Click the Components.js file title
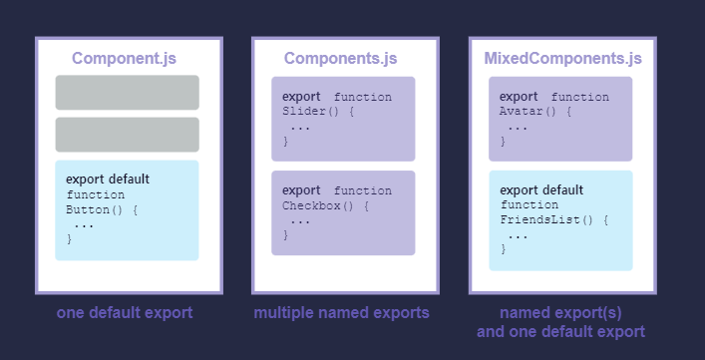340,59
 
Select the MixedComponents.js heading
562,59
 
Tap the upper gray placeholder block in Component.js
127,93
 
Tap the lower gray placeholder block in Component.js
127,135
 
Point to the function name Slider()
311,112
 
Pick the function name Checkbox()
318,206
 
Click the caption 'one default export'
125,313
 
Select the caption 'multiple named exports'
341,313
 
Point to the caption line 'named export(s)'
560,313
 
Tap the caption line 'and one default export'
560,332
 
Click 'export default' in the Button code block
108,179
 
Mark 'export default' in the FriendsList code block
541,189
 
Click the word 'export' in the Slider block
302,96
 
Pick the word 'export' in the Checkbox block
302,190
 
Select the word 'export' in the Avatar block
519,96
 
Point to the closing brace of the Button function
70,239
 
